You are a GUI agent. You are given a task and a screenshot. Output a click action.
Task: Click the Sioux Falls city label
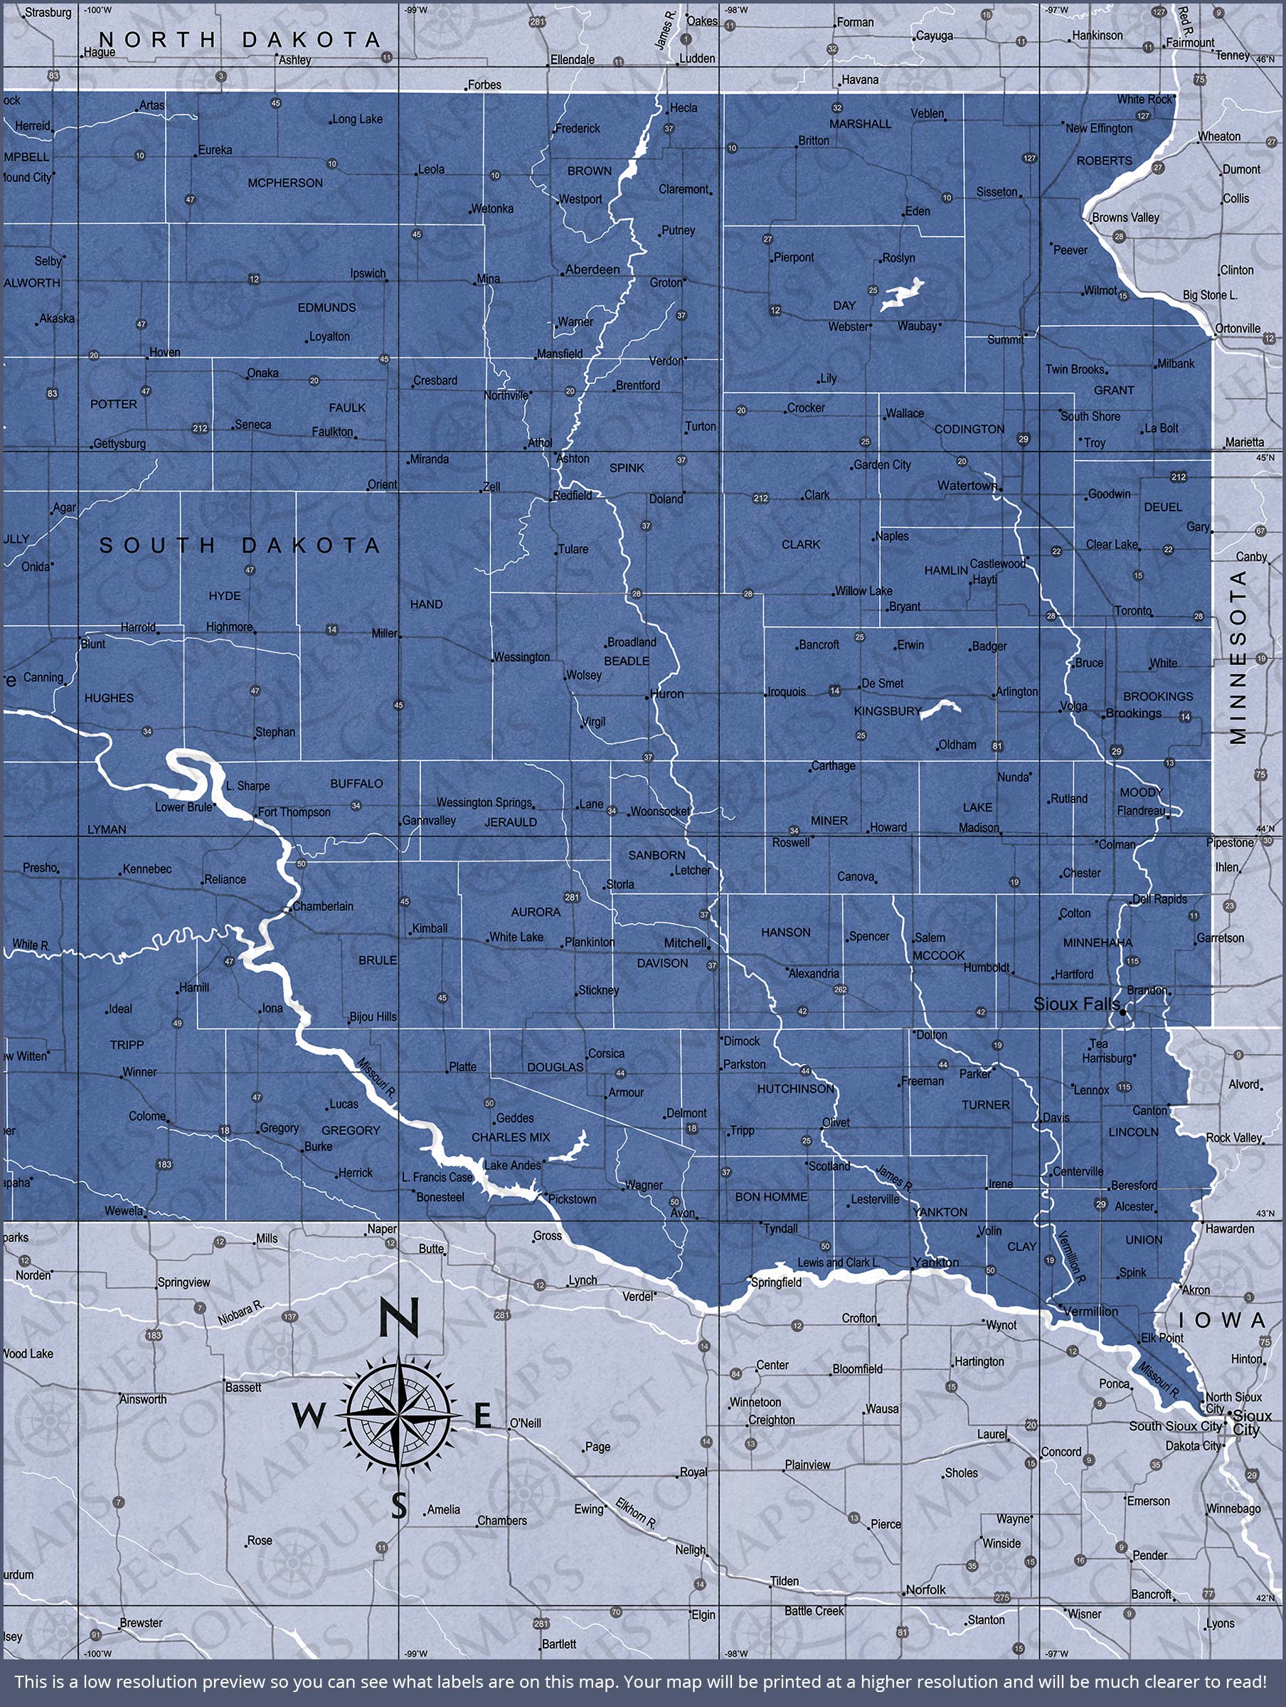click(x=1076, y=1004)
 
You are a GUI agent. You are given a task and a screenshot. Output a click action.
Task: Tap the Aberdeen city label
click(x=592, y=270)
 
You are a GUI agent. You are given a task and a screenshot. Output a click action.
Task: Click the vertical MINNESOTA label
click(x=1238, y=656)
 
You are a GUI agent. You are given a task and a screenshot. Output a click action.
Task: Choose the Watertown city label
click(x=967, y=485)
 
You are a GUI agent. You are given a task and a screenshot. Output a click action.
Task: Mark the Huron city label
click(x=667, y=693)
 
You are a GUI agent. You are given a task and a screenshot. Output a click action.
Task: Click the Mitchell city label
click(x=686, y=943)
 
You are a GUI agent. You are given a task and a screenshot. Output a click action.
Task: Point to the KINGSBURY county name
click(x=888, y=711)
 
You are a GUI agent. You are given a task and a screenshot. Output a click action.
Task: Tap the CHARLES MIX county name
click(x=510, y=1137)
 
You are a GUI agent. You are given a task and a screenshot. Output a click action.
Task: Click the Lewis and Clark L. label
click(x=839, y=1262)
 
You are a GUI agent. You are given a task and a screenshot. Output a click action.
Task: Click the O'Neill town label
click(x=525, y=1423)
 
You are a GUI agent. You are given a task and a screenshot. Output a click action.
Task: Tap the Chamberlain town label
click(x=323, y=906)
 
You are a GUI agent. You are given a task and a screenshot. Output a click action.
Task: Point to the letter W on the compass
click(x=308, y=1416)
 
